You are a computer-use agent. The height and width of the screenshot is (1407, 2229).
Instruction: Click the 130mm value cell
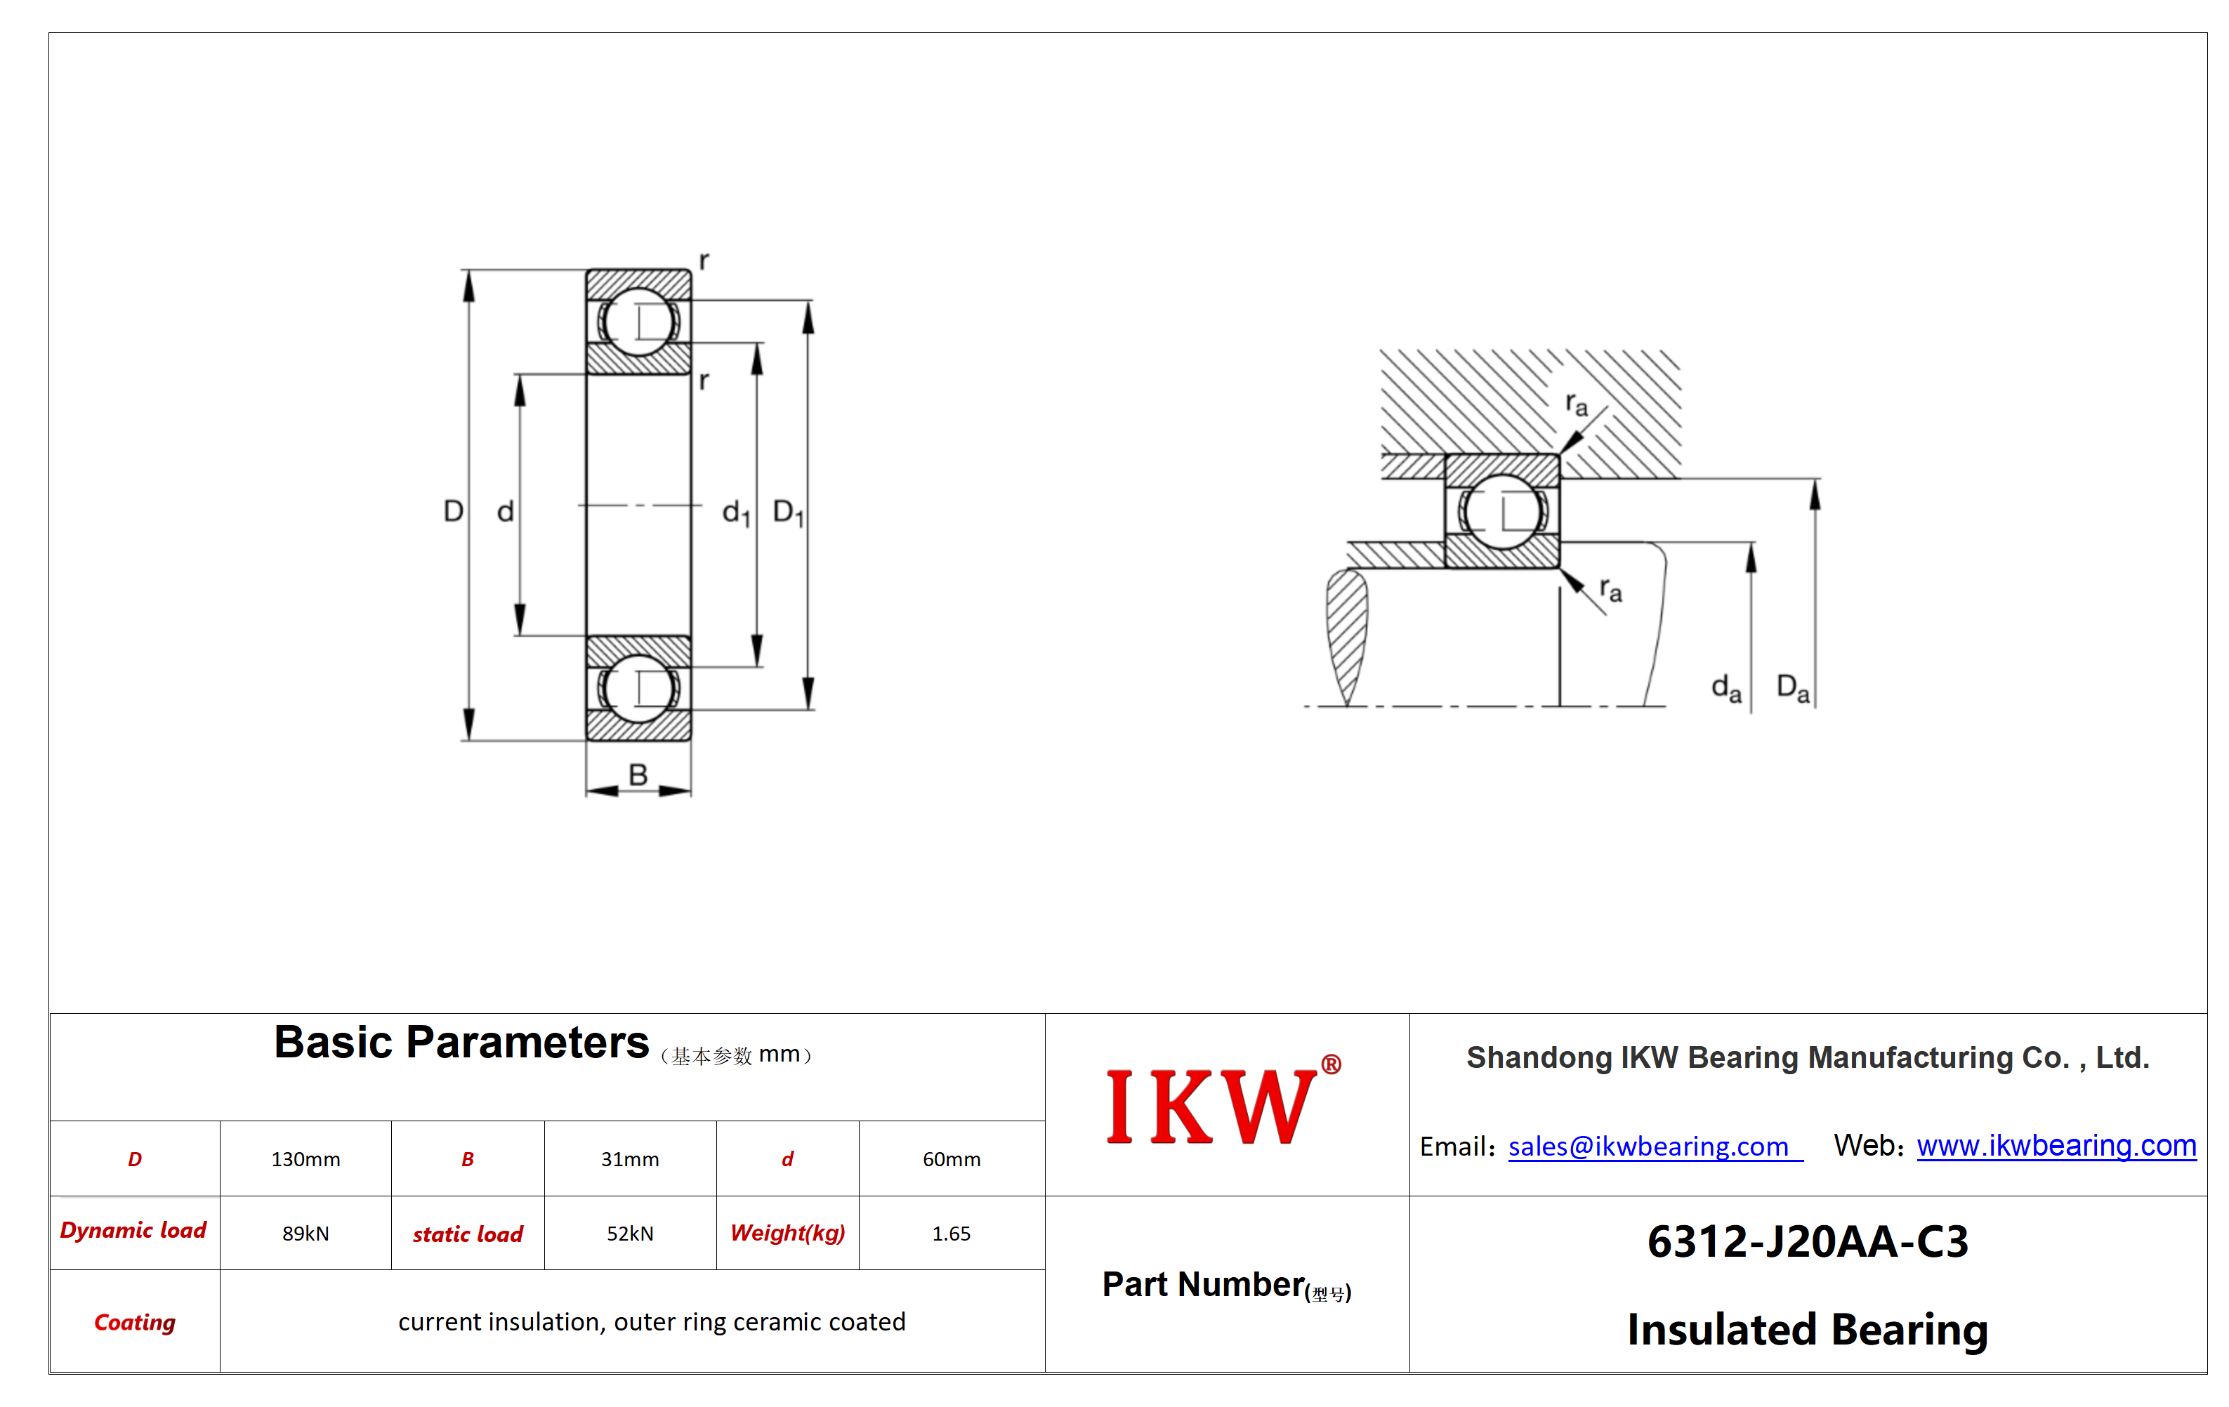coord(305,1159)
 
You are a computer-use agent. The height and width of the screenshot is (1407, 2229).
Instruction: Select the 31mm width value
coord(629,1159)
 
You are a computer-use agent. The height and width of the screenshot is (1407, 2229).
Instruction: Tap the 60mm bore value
coord(952,1159)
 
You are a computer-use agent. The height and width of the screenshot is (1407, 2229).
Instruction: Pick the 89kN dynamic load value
coord(305,1233)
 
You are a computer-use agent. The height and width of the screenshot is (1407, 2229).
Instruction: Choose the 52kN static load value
coord(629,1233)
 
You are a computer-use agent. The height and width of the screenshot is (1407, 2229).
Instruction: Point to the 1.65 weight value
coord(952,1233)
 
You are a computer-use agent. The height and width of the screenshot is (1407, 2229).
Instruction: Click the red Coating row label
coord(135,1322)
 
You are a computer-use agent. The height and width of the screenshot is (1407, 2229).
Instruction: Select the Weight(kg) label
coord(788,1233)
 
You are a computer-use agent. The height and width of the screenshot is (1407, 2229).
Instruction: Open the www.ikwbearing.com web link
coord(2056,1145)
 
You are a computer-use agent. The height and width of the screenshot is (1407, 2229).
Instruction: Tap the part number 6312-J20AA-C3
coord(1808,1241)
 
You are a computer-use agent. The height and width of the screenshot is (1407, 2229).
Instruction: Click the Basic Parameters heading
coord(461,1043)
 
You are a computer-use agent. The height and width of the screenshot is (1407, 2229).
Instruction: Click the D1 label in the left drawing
coord(789,512)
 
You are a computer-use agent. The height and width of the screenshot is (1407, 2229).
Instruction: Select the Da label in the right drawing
coord(1793,688)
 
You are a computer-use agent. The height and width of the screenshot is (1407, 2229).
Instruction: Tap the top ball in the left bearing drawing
coord(638,322)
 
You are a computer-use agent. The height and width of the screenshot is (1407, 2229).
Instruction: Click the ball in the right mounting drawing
coord(1501,511)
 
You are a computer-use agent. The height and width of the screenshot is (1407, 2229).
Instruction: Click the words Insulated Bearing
coord(1808,1329)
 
